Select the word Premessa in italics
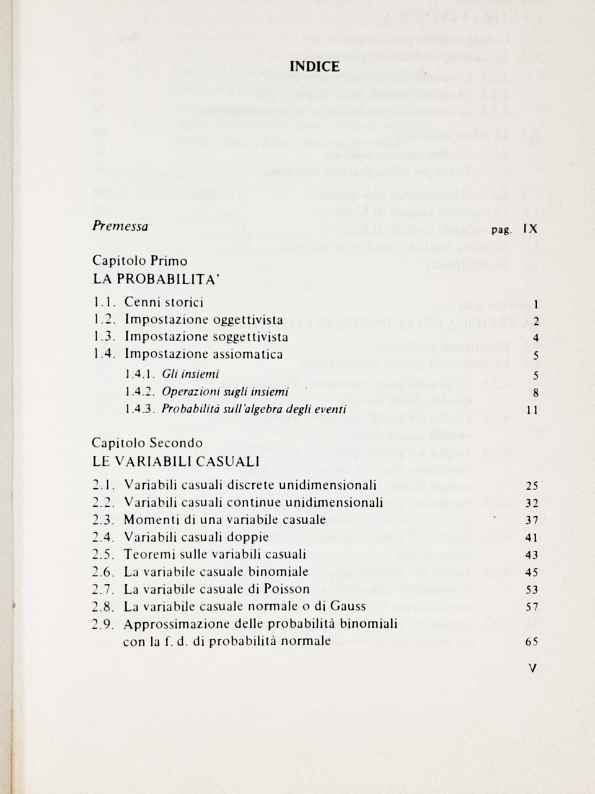(120, 226)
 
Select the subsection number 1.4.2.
(139, 392)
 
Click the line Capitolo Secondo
(148, 443)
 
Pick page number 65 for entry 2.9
(531, 642)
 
